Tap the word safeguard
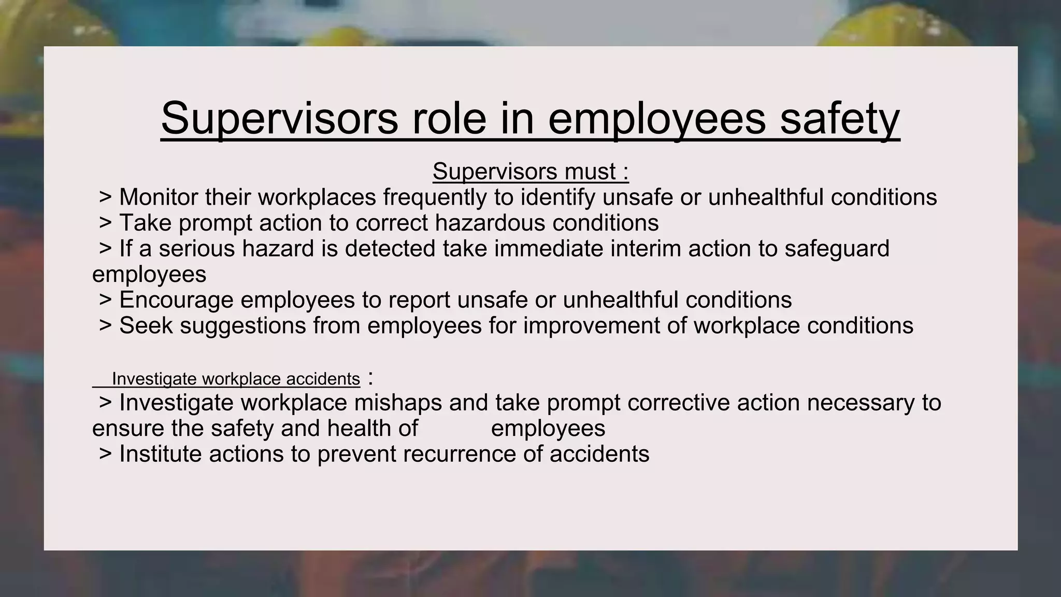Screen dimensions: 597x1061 pyautogui.click(x=837, y=249)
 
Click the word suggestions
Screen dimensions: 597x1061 pyautogui.click(x=243, y=326)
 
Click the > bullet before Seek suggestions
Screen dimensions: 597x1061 pyautogui.click(x=105, y=326)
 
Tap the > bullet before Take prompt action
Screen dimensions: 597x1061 pyautogui.click(x=105, y=223)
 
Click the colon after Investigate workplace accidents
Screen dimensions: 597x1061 pyautogui.click(x=370, y=379)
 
